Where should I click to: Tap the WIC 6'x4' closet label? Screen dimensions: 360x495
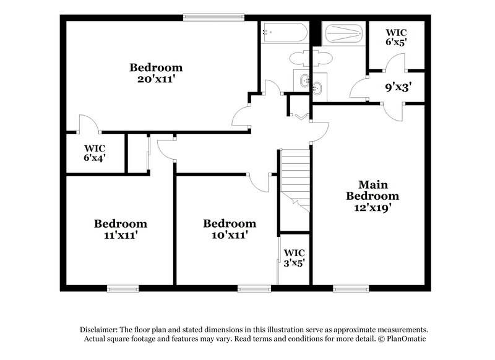[x=95, y=153]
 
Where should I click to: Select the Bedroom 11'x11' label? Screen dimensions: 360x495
[x=120, y=229]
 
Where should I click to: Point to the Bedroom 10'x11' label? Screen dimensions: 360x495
[x=230, y=229]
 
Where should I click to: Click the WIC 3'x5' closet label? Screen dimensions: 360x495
[x=294, y=257]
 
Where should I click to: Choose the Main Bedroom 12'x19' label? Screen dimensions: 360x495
[x=372, y=196]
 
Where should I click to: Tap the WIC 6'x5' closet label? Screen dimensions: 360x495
[x=396, y=37]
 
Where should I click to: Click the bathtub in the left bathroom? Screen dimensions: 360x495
[x=283, y=32]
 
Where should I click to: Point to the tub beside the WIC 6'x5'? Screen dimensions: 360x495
[x=342, y=33]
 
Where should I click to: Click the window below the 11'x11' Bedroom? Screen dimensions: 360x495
[x=123, y=288]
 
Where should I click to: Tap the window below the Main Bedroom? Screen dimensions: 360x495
[x=349, y=288]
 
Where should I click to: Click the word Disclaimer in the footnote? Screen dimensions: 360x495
[x=100, y=330]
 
